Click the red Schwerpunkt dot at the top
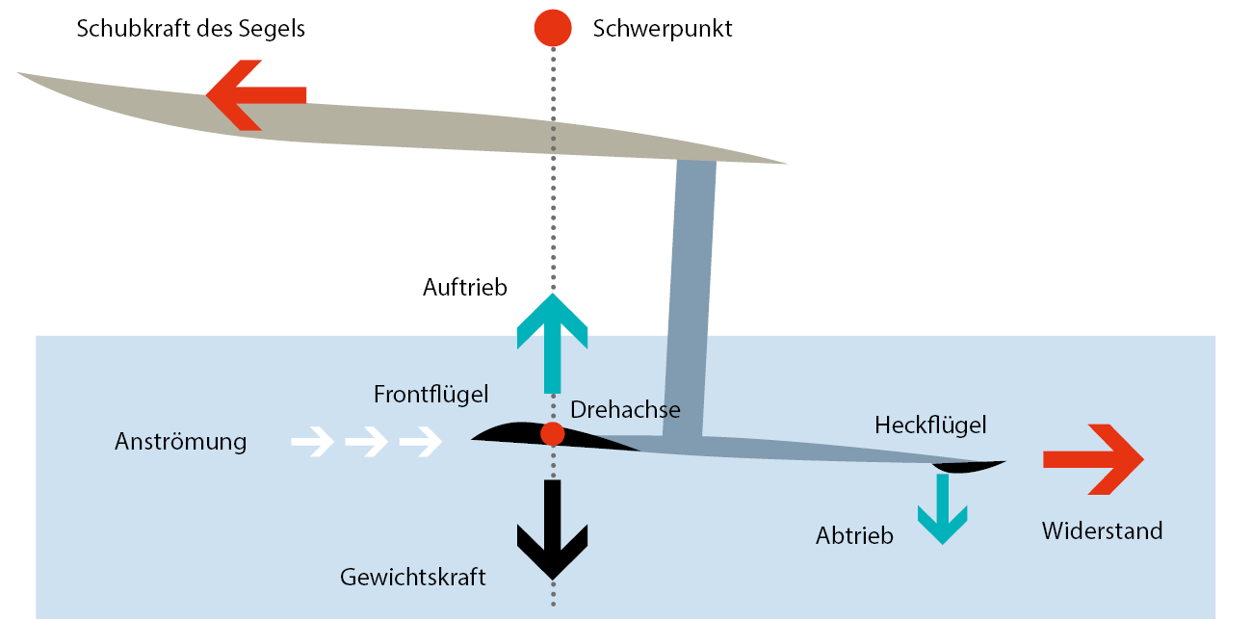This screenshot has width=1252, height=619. pos(553,27)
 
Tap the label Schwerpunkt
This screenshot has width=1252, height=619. pos(663,29)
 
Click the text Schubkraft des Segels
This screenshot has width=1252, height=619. pos(191,28)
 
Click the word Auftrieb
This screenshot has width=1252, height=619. pos(464,287)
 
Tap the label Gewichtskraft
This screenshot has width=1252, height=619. pos(413,578)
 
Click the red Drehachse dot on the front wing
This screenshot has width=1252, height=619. pos(552,433)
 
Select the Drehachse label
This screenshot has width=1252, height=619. pos(625,410)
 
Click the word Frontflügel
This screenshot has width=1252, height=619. pos(430,394)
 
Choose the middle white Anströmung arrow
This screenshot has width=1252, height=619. pos(366,442)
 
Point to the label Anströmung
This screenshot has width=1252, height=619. pos(180,442)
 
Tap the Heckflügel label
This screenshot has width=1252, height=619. pos(930,424)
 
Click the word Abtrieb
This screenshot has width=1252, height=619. pos(854,536)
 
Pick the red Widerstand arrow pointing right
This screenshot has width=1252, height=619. pos(1093,459)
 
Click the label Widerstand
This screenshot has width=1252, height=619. pos(1102,530)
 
